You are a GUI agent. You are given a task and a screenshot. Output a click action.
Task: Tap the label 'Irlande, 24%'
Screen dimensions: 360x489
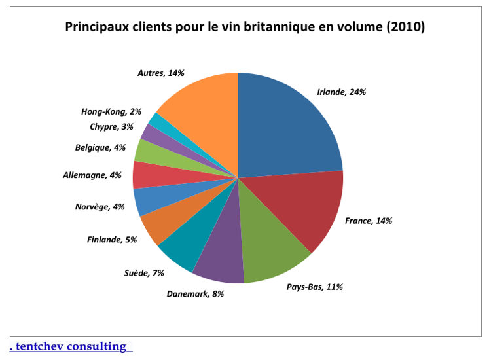point(341,92)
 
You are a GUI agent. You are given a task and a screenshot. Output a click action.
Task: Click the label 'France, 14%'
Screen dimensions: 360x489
point(369,221)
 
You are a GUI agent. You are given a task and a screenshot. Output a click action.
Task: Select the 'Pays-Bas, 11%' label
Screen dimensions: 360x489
point(315,287)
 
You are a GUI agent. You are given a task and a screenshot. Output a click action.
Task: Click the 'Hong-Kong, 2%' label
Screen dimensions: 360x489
point(111,112)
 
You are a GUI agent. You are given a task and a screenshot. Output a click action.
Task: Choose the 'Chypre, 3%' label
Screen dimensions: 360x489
point(112,126)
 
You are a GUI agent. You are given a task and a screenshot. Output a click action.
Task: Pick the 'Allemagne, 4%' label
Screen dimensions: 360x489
point(92,175)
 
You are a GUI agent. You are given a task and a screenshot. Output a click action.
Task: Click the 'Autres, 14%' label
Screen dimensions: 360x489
point(160,73)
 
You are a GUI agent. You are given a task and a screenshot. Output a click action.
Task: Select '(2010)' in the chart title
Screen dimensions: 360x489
point(406,27)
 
